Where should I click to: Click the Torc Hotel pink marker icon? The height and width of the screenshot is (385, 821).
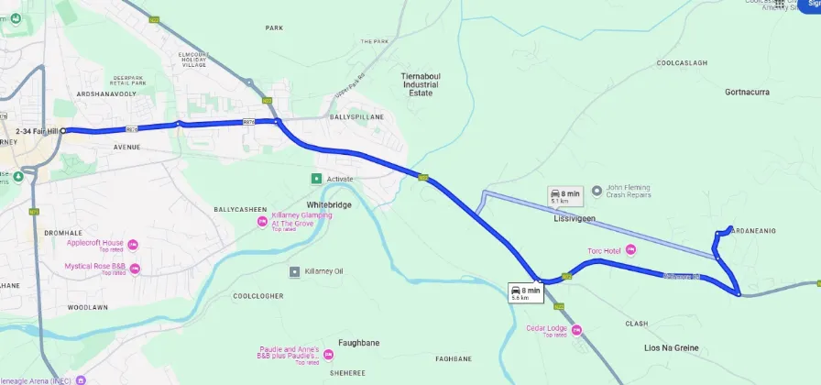629,250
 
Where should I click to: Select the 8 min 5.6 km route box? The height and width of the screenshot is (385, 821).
526,292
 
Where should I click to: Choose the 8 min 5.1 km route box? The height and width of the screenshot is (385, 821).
564,196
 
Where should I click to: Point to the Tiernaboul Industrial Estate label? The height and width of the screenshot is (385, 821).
419,84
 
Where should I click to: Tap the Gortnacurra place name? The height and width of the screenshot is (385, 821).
747,93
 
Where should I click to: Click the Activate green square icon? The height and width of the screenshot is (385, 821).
316,179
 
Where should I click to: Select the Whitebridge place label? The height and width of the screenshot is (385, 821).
329,204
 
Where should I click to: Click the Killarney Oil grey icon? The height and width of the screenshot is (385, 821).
294,271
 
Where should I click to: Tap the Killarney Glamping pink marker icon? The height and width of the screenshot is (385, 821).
261,221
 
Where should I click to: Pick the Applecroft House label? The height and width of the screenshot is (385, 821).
93,243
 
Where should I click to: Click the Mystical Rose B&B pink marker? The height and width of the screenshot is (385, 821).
134,269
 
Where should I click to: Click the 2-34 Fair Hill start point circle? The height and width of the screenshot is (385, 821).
63,131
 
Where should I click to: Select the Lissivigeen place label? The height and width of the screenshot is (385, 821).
575,219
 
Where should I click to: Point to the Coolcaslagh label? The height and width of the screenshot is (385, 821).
682,62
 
